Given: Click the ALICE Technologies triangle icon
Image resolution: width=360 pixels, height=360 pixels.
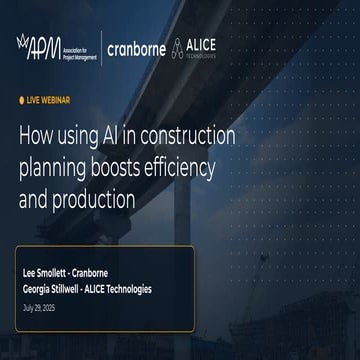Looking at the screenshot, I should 179,45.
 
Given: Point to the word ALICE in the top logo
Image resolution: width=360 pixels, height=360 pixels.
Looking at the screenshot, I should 206,42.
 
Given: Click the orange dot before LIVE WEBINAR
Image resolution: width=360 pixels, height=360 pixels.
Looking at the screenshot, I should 22,101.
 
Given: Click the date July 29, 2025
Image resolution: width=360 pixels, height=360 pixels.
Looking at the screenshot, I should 40,306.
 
